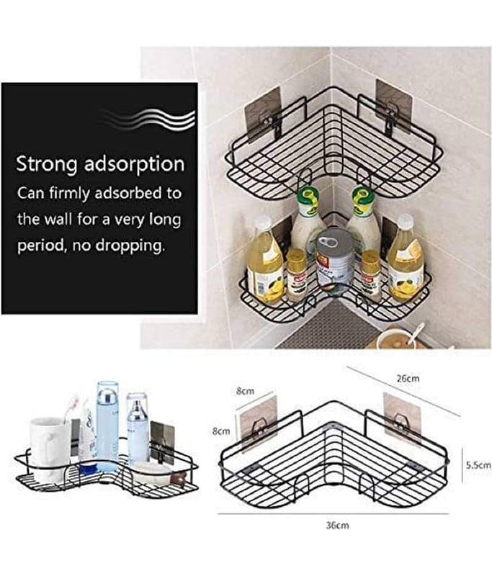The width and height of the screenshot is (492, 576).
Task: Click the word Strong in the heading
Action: pyautogui.click(x=46, y=164)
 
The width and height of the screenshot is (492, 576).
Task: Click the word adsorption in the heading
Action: pyautogui.click(x=134, y=163)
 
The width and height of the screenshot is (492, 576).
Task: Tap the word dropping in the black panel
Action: pyautogui.click(x=129, y=246)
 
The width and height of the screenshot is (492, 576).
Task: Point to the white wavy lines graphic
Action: pyautogui.click(x=147, y=117)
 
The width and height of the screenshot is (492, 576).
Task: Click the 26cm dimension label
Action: pyautogui.click(x=408, y=378)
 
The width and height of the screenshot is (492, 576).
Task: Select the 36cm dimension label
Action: pyautogui.click(x=337, y=526)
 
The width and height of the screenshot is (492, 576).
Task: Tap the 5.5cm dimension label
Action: pyautogui.click(x=478, y=465)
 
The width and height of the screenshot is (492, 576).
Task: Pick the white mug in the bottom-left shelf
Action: pyautogui.click(x=50, y=450)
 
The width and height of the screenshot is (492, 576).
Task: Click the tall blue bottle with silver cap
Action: pyautogui.click(x=107, y=426)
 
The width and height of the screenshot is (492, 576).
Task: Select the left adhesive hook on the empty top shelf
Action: pyautogui.click(x=263, y=114)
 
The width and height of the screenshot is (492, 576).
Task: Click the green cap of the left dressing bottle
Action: pyautogui.click(x=307, y=197)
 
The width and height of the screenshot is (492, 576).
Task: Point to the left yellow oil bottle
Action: pyautogui.click(x=264, y=261)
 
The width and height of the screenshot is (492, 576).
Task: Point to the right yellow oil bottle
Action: pyautogui.click(x=404, y=257)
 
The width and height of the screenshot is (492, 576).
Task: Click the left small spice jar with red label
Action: pyautogui.click(x=296, y=274)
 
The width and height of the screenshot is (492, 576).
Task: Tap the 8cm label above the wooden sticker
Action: pyautogui.click(x=245, y=391)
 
